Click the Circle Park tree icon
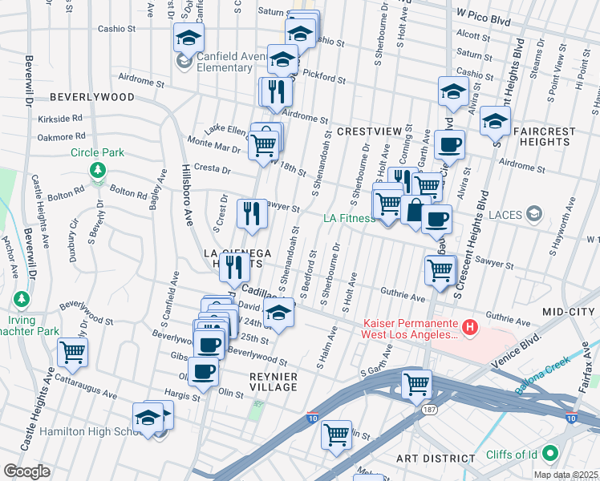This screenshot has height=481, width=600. [x=98, y=170]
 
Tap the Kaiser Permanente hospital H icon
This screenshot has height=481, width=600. [x=471, y=328]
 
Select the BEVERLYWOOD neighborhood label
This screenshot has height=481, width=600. [x=92, y=97]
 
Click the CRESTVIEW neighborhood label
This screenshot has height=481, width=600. [x=368, y=131]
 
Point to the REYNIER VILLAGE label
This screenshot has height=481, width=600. [x=262, y=382]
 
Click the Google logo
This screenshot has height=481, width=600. [x=26, y=471]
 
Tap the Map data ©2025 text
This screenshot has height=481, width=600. [x=566, y=475]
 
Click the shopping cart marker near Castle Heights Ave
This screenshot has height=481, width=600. [x=72, y=351]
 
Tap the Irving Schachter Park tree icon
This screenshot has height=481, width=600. [x=20, y=299]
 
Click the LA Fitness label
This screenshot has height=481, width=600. [x=348, y=218]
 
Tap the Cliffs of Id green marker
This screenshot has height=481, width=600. [x=549, y=454]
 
